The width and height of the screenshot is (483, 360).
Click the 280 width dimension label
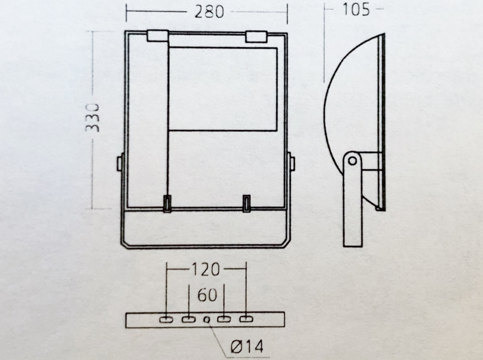click(209, 12)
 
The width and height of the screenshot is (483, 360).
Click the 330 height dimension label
click(93, 118)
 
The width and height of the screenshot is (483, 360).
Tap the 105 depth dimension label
click(356, 9)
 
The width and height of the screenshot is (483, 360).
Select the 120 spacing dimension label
click(206, 269)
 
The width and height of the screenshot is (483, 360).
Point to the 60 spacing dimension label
click(207, 295)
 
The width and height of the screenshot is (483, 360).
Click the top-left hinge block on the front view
click(158, 35)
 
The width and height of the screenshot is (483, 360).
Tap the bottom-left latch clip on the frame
click(167, 203)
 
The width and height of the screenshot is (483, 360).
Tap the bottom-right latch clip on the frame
click(246, 203)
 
